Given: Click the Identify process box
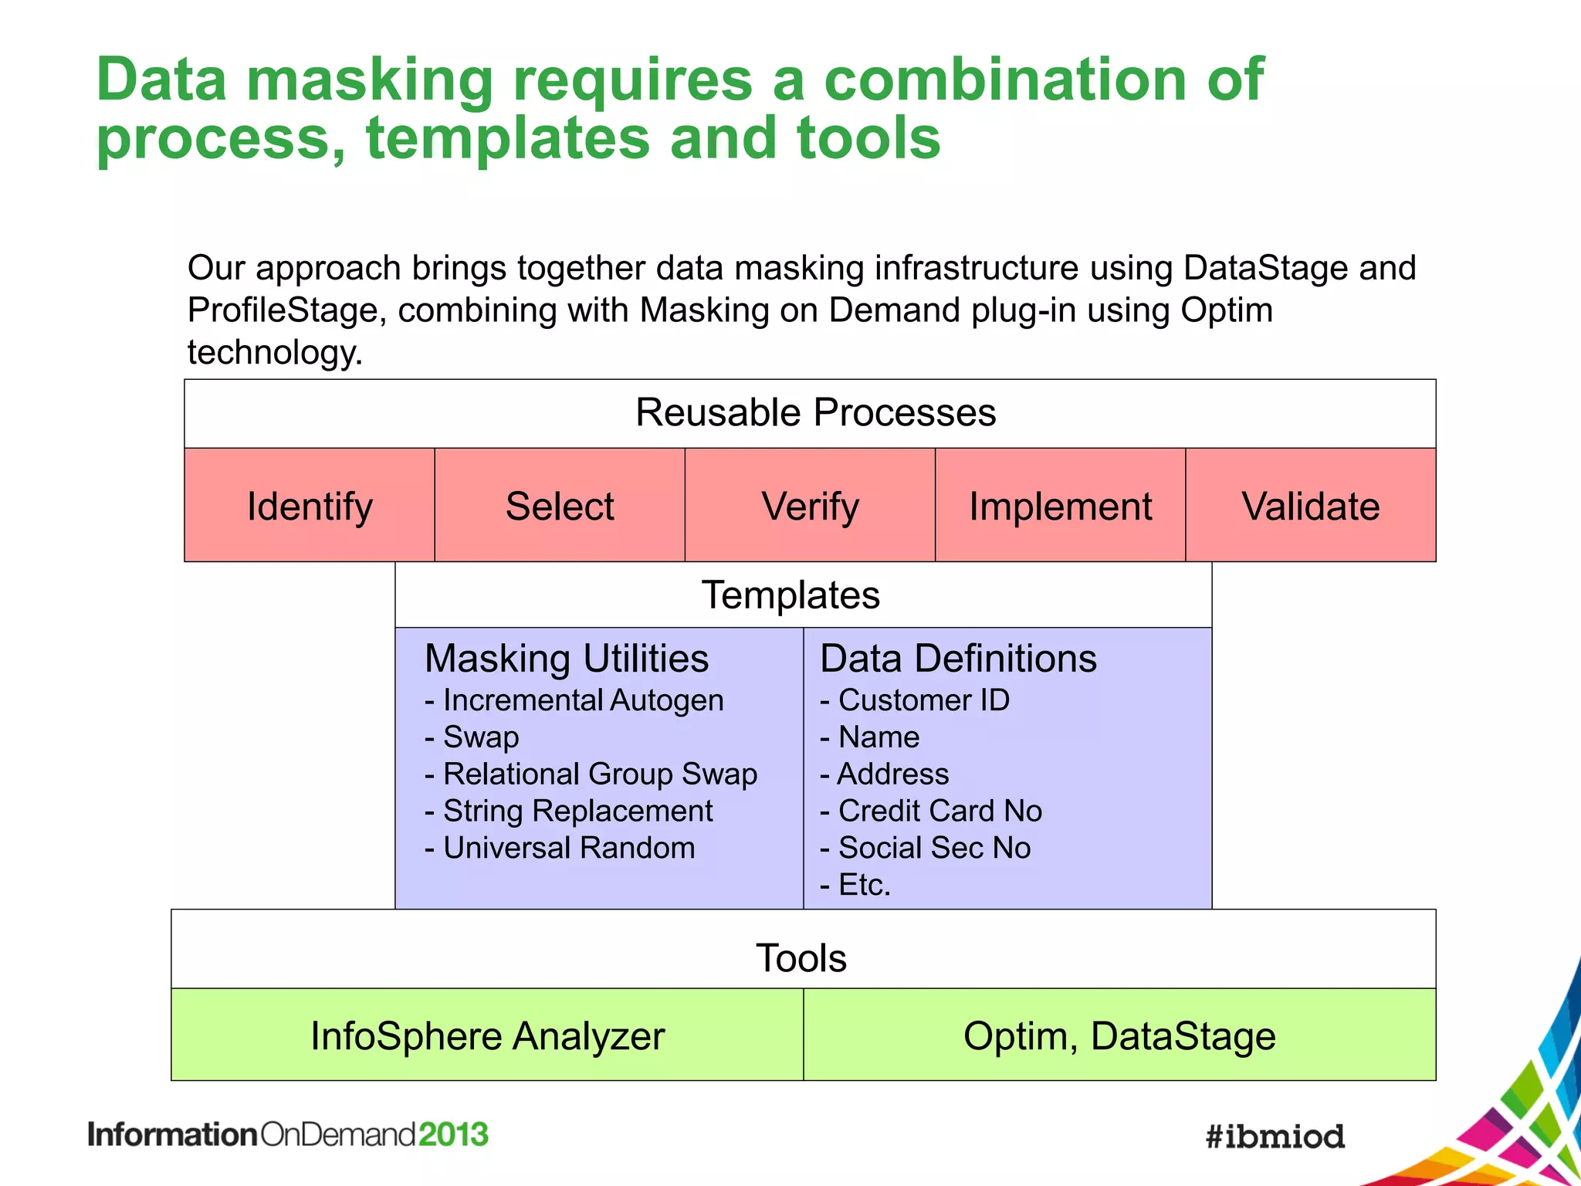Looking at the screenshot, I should [x=310, y=506].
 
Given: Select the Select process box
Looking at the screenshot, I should [x=560, y=506].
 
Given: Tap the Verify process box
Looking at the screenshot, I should [x=810, y=506].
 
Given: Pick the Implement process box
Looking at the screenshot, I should [x=1060, y=506].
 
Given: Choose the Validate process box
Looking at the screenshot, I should [x=1310, y=506].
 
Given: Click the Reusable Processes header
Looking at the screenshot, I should [x=815, y=412].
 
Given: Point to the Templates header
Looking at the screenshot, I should [x=790, y=595].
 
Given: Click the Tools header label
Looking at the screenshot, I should [x=801, y=958].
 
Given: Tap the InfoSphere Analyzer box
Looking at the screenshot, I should [x=487, y=1035].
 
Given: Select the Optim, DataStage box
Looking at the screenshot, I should [x=1119, y=1035].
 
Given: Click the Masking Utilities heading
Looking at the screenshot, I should [x=567, y=659].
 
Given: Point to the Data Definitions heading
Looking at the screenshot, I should [x=958, y=659].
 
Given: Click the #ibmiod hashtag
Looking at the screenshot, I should [x=1275, y=1137].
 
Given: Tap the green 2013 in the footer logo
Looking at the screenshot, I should [x=453, y=1134].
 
